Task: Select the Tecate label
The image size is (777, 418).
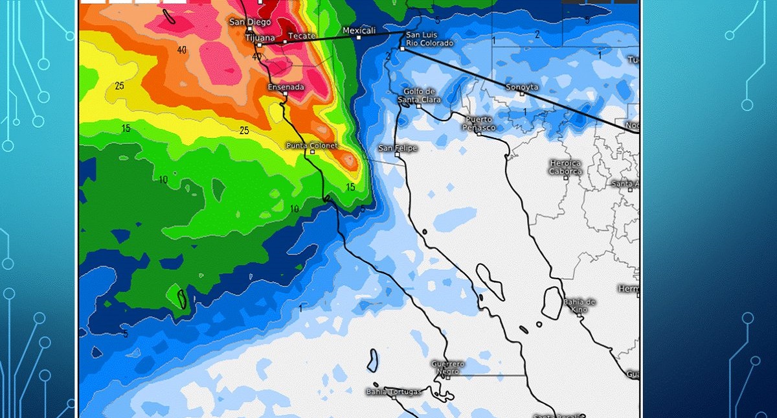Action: click(x=301, y=36)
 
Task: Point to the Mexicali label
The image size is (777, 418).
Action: click(x=359, y=30)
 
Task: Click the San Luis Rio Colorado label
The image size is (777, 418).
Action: click(x=429, y=39)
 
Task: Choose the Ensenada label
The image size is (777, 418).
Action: click(x=286, y=87)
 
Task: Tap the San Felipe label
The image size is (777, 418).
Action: click(x=398, y=148)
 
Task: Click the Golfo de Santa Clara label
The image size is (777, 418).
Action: click(x=422, y=95)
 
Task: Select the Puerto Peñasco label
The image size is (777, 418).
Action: click(x=479, y=123)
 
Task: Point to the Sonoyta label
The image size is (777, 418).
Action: click(x=522, y=86)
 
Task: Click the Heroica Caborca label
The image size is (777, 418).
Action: click(x=565, y=167)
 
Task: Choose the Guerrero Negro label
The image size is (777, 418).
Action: click(x=447, y=367)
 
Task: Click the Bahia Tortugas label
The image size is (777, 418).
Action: click(x=394, y=391)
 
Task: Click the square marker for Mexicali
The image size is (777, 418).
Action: click(x=359, y=38)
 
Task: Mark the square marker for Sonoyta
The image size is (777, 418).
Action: click(x=522, y=93)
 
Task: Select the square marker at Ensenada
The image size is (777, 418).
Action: click(x=286, y=94)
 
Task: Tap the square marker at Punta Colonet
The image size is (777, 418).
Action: click(x=312, y=152)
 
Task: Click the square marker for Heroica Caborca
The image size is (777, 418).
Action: click(x=565, y=177)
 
